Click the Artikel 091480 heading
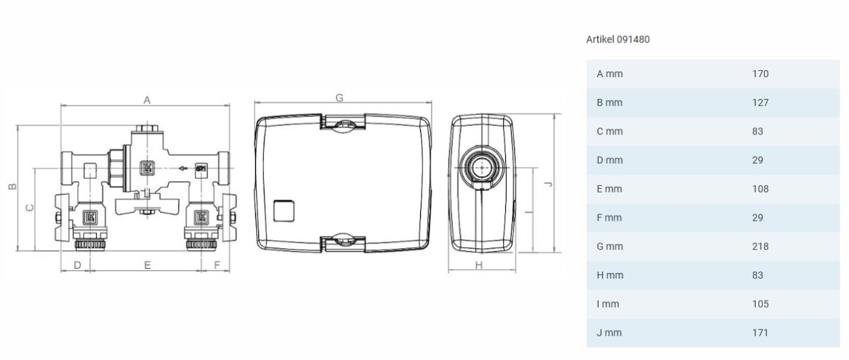click(618, 40)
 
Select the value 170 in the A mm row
click(761, 74)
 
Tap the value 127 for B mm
click(761, 103)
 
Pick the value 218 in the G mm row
click(761, 246)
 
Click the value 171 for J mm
click(761, 332)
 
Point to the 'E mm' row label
click(609, 189)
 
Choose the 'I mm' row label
click(608, 304)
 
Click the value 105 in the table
click(761, 304)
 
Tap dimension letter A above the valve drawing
click(147, 100)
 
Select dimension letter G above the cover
click(339, 98)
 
